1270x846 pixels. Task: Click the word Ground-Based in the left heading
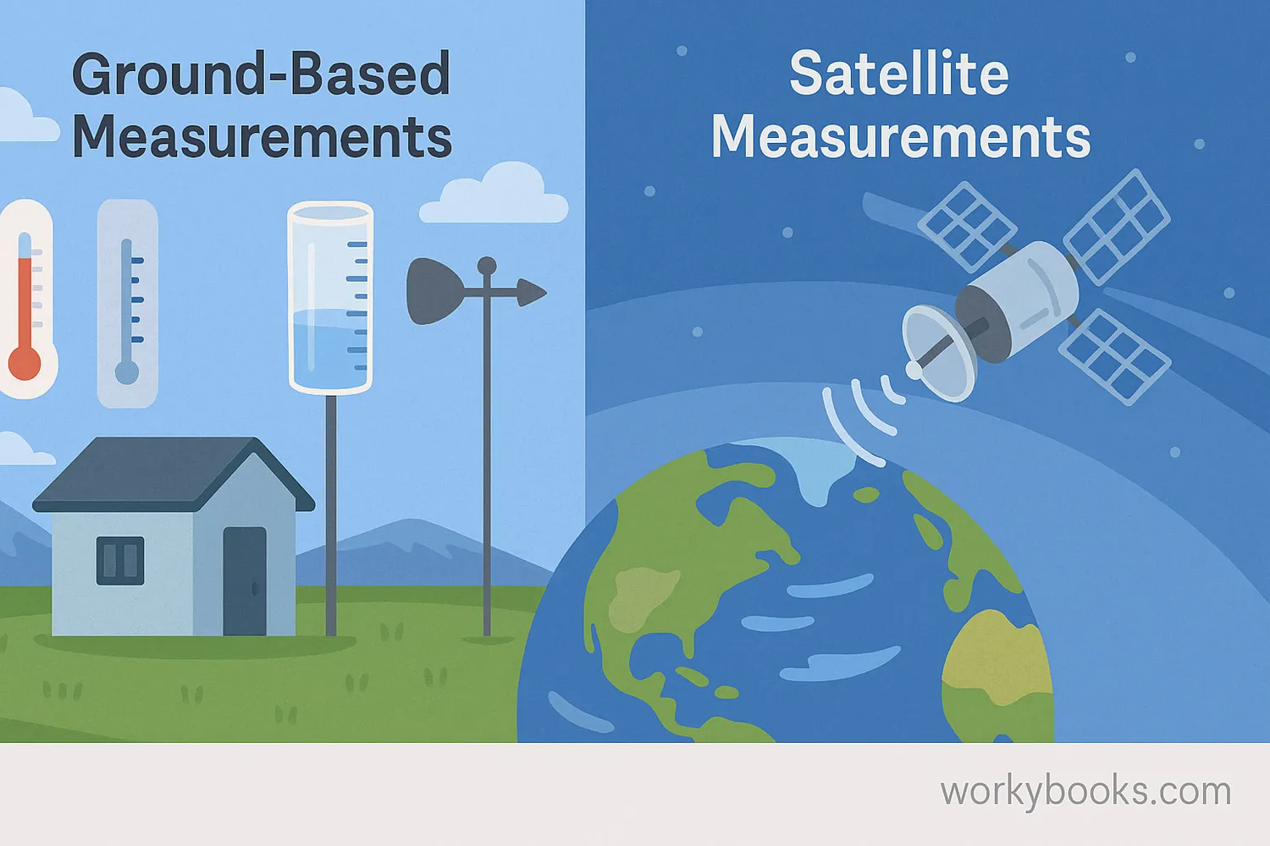[262, 74]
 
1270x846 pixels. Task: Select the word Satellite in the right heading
[899, 73]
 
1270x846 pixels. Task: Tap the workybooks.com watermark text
[1085, 792]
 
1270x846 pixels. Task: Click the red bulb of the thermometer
[25, 363]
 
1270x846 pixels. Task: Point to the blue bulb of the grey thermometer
[127, 373]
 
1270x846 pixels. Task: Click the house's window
[120, 560]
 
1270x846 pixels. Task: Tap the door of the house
[245, 581]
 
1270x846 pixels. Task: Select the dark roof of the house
[173, 475]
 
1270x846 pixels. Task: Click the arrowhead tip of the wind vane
[547, 293]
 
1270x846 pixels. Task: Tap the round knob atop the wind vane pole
[487, 265]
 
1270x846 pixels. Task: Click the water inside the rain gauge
[330, 349]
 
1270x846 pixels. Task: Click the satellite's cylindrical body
[1019, 300]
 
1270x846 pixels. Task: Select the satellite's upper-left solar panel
[967, 227]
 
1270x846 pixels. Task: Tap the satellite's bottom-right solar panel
[1115, 357]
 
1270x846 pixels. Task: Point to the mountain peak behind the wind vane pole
[414, 521]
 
